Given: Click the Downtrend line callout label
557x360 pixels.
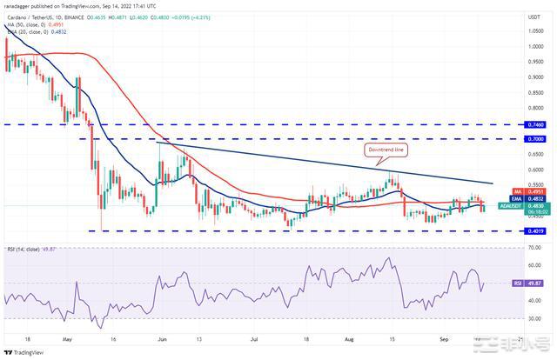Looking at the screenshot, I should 387,150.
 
